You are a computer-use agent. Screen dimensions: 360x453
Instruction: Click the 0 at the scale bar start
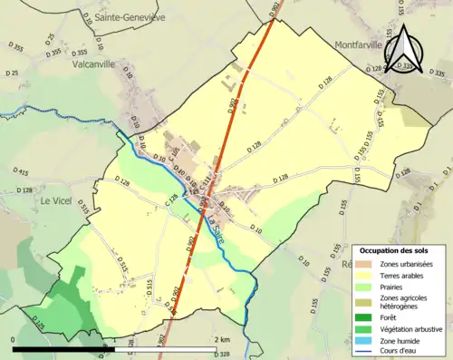point(14,339)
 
